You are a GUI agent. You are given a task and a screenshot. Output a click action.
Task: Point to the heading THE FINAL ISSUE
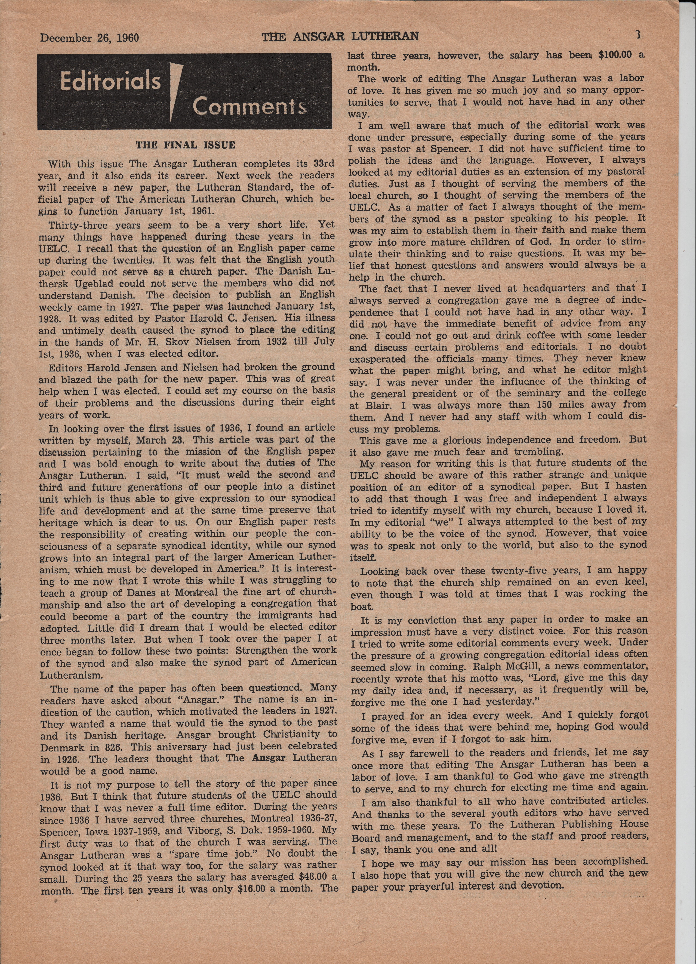[185, 145]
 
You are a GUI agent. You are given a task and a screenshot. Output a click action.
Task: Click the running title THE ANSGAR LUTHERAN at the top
[340, 37]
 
